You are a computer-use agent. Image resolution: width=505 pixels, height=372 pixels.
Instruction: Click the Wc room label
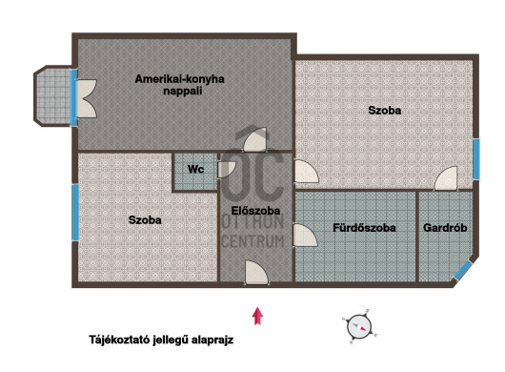click(196, 169)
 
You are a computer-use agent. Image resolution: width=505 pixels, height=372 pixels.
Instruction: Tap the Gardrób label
click(445, 228)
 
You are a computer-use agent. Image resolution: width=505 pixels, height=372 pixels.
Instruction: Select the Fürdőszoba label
click(364, 228)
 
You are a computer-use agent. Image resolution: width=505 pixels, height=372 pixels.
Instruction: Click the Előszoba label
click(255, 211)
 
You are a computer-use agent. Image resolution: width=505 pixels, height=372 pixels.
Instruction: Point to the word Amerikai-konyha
click(179, 79)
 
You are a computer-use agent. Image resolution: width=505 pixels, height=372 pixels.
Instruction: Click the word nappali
click(183, 91)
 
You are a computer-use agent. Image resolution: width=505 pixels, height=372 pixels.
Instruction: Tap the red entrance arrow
click(257, 316)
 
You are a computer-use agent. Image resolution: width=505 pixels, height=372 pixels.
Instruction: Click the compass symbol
click(359, 326)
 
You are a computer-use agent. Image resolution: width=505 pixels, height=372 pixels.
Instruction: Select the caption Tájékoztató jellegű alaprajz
click(161, 341)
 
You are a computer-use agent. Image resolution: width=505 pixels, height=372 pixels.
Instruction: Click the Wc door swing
click(227, 170)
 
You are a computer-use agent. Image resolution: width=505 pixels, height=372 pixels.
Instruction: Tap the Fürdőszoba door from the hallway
click(305, 236)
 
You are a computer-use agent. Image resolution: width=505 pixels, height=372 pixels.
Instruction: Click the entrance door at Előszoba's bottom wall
click(256, 273)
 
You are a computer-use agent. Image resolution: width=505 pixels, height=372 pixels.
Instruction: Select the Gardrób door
click(446, 178)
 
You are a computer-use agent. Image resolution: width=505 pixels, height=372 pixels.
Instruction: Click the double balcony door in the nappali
click(87, 98)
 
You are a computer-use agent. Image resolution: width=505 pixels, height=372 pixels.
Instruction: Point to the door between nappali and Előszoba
click(255, 139)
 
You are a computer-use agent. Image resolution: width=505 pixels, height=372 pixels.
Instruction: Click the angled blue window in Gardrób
click(463, 270)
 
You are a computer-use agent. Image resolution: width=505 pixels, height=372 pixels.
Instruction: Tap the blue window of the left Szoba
click(75, 213)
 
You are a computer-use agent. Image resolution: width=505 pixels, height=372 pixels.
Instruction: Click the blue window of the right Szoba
click(476, 159)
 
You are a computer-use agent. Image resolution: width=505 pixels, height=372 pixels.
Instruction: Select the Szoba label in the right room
click(385, 111)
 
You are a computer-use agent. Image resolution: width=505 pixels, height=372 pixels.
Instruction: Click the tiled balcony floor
click(53, 95)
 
